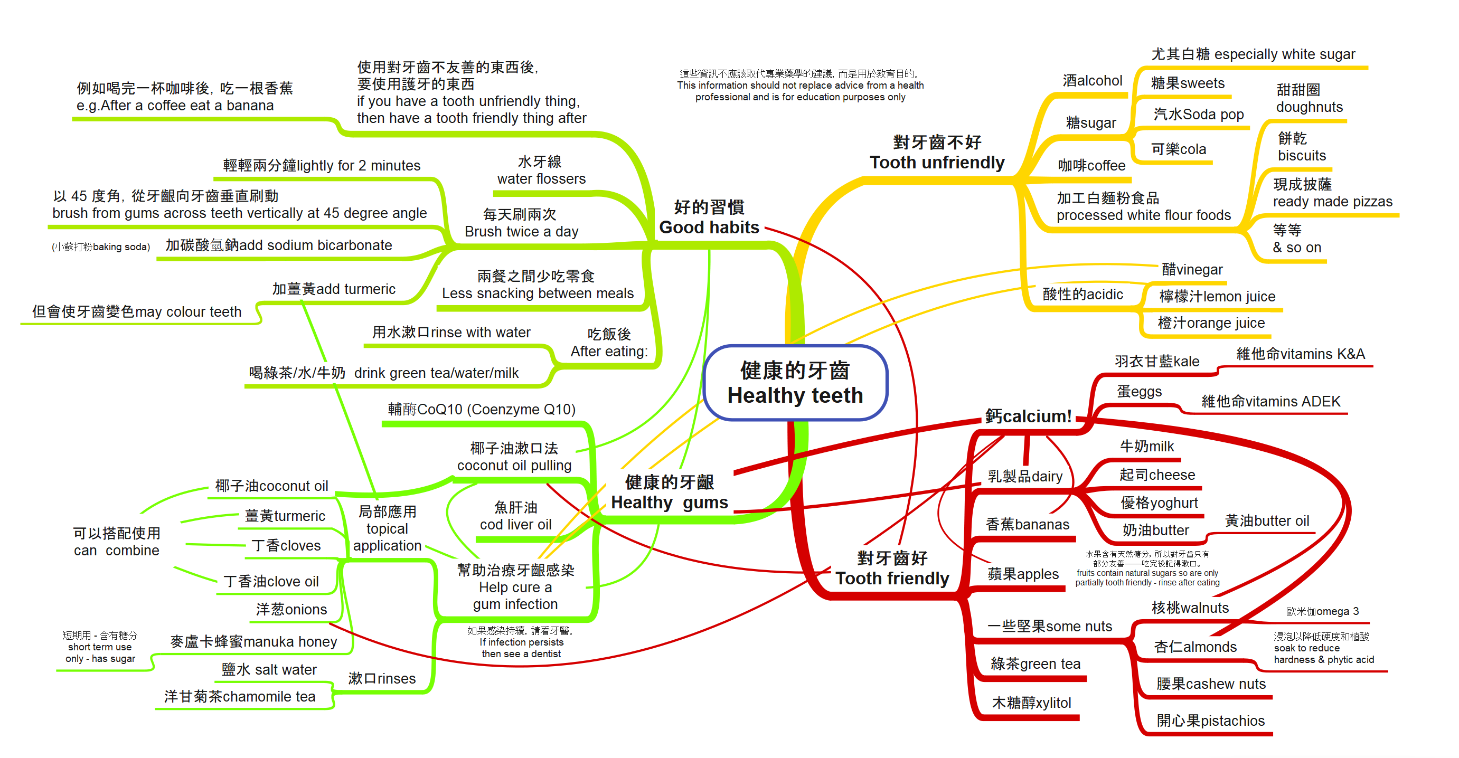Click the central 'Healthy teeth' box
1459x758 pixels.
(x=795, y=383)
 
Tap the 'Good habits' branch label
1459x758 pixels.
(x=709, y=217)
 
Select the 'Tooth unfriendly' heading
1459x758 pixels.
(x=937, y=153)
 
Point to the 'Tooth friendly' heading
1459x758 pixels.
(x=892, y=568)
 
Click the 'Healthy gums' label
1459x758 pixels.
(x=670, y=492)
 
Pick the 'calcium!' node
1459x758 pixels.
(x=1028, y=416)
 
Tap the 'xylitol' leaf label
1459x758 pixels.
(x=1031, y=703)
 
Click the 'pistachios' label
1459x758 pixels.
(x=1210, y=721)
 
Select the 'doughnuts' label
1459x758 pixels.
(x=1309, y=99)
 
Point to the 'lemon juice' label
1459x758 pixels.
(x=1217, y=296)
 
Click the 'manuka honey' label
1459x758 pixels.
(x=254, y=641)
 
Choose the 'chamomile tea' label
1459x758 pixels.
(x=240, y=696)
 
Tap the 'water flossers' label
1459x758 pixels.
(x=541, y=170)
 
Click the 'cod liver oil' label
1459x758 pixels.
(x=515, y=516)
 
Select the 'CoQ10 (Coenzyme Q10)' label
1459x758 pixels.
(x=482, y=409)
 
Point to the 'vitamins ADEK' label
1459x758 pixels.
(x=1270, y=401)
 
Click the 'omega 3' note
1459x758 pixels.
(x=1322, y=611)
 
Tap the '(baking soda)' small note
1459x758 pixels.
(x=101, y=247)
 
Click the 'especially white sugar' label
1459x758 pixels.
(x=1253, y=54)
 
